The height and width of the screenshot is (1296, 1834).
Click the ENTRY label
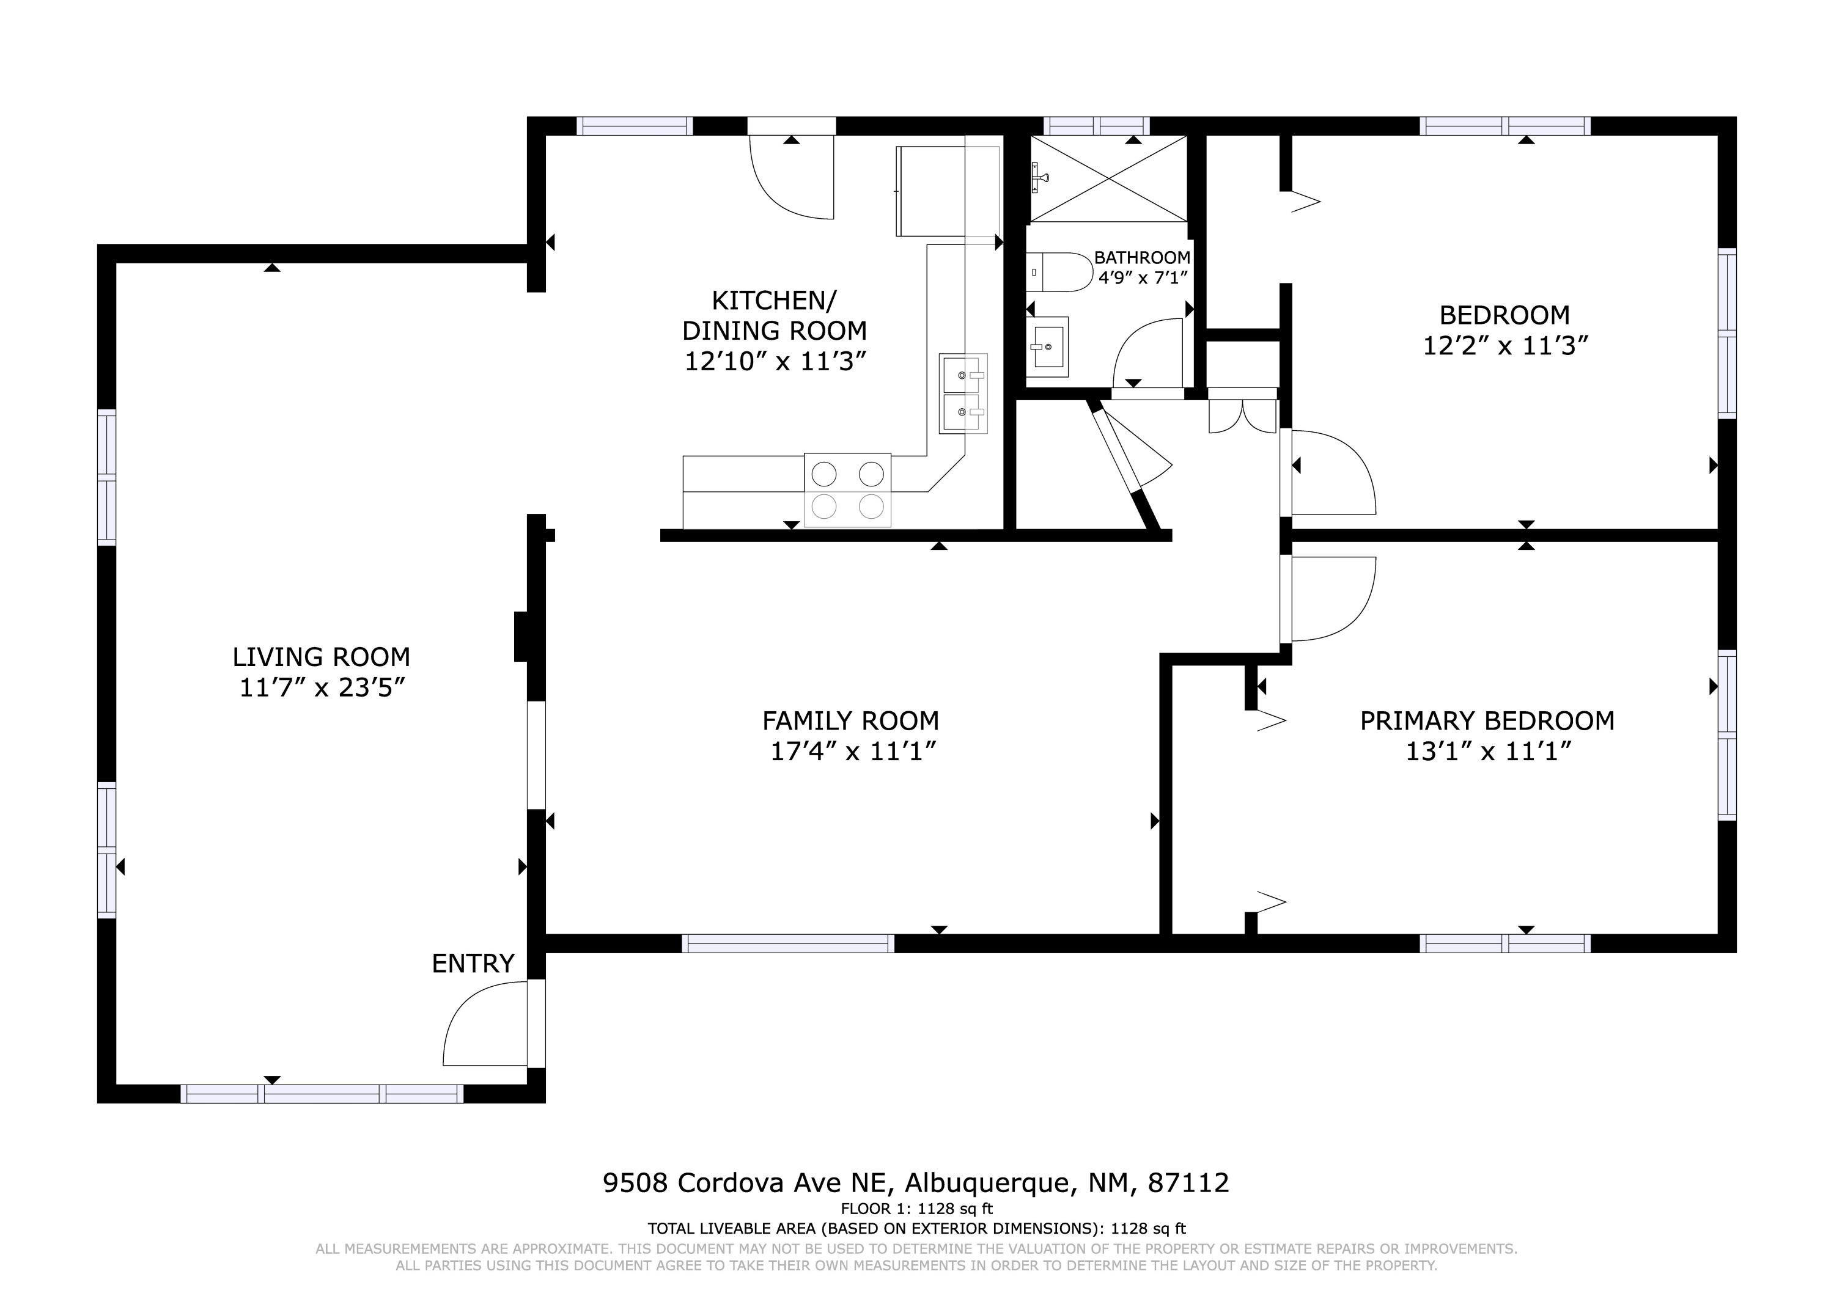(473, 964)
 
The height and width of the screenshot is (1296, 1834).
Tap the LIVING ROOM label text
(321, 657)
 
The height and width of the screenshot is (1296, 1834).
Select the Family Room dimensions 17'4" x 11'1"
(852, 752)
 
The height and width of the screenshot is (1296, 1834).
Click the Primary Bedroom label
(1487, 721)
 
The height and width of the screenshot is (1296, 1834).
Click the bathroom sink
(1047, 347)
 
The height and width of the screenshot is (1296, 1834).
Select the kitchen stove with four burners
(847, 489)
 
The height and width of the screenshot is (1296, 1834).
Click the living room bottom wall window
(322, 1094)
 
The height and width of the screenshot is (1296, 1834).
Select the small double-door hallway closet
(1243, 411)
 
